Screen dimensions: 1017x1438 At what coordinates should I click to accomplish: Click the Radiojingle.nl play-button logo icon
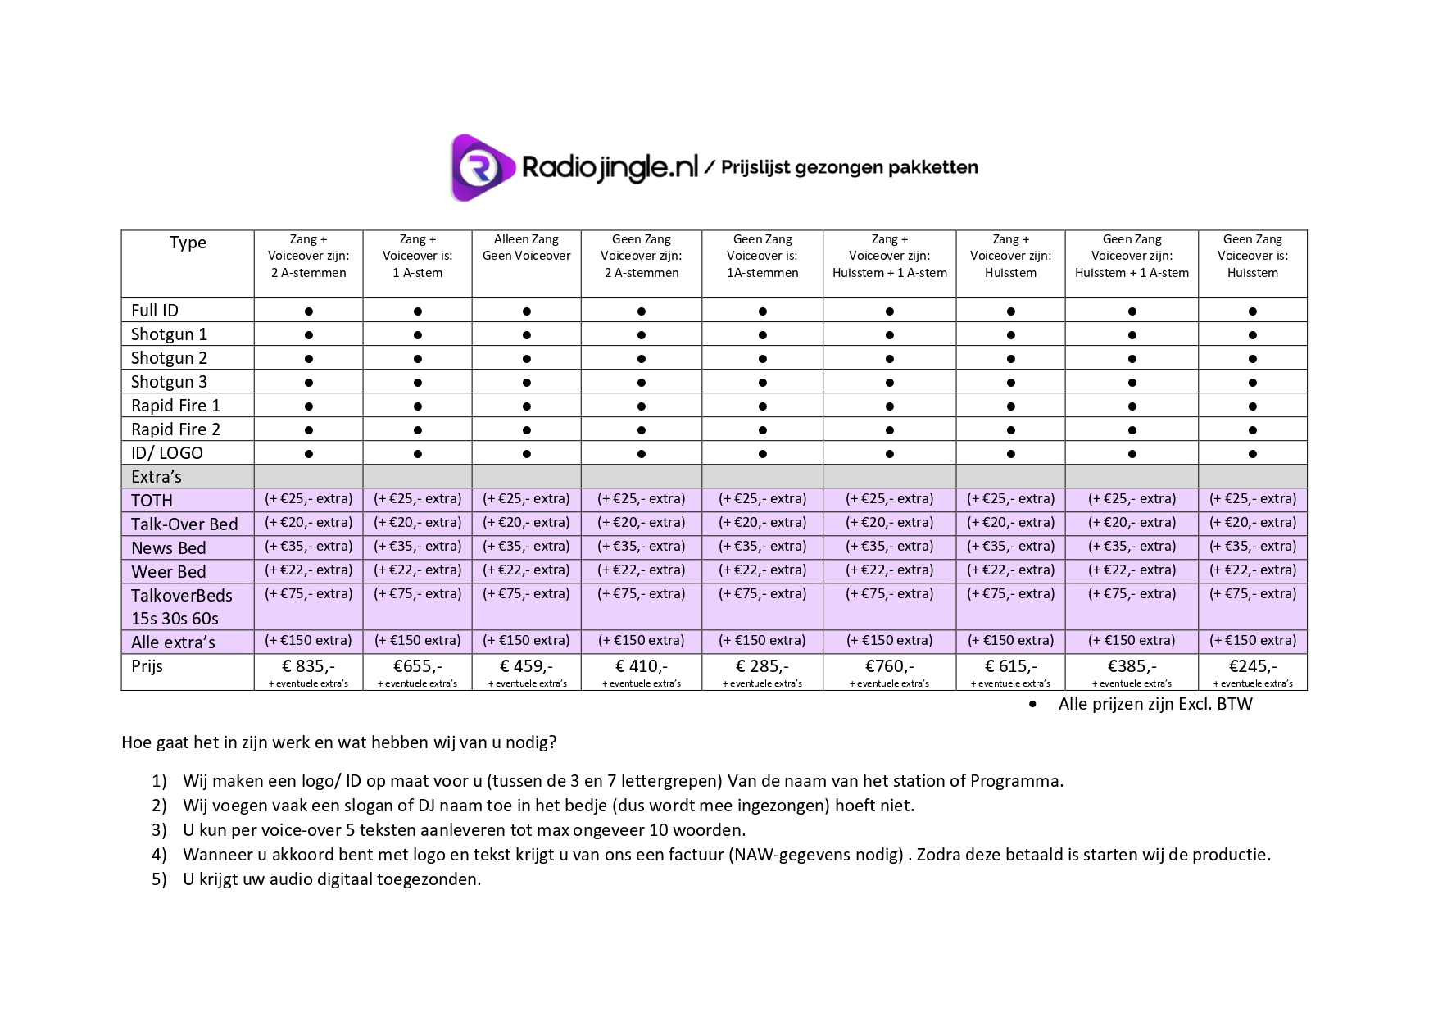(x=481, y=167)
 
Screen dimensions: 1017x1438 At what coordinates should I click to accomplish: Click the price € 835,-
(x=308, y=666)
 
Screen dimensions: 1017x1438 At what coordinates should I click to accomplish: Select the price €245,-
(x=1252, y=666)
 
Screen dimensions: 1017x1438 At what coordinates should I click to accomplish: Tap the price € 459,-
(x=526, y=666)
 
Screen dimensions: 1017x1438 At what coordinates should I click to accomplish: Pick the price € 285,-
(x=762, y=666)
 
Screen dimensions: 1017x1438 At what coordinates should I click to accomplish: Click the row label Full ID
(x=155, y=311)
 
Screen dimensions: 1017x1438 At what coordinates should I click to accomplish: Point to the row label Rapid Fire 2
(x=175, y=429)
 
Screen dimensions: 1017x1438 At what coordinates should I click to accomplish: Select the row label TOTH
(x=152, y=501)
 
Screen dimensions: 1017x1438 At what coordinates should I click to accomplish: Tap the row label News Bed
(x=169, y=548)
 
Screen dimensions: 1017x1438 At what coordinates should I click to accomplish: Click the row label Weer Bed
(x=169, y=572)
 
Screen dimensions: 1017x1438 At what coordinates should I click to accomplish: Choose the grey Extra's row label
(x=157, y=477)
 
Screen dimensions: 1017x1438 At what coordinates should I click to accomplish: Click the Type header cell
(x=188, y=243)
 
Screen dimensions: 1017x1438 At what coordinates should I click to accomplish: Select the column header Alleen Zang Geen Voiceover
(x=526, y=247)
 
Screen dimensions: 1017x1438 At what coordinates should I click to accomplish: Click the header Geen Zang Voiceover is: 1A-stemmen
(x=762, y=256)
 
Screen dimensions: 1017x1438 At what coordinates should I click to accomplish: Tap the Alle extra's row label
(x=173, y=642)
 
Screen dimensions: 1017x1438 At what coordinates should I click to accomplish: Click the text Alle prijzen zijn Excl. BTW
(x=1154, y=704)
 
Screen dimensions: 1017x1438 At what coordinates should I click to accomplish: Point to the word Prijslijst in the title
(x=755, y=168)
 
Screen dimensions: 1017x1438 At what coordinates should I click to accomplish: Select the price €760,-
(x=889, y=666)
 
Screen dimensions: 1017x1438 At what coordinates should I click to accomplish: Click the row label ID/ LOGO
(x=167, y=453)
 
